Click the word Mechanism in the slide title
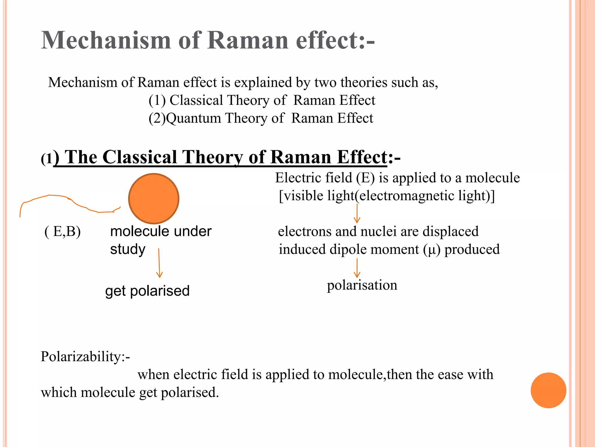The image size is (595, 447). point(106,40)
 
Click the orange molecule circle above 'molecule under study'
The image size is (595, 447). point(154,199)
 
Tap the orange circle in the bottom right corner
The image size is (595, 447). point(548,390)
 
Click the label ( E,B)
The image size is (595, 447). point(62,232)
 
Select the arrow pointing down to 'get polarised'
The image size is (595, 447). point(159,263)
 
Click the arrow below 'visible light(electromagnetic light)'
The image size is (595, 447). point(357,214)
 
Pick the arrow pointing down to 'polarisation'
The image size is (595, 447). point(357,268)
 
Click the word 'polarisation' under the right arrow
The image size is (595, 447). point(362,285)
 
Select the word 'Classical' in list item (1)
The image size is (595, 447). point(196,100)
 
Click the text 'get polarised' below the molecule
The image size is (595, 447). point(147,291)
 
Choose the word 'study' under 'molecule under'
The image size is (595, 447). point(128,249)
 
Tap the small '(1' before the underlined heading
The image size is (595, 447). point(47,159)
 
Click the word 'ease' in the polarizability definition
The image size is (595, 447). point(449,375)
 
